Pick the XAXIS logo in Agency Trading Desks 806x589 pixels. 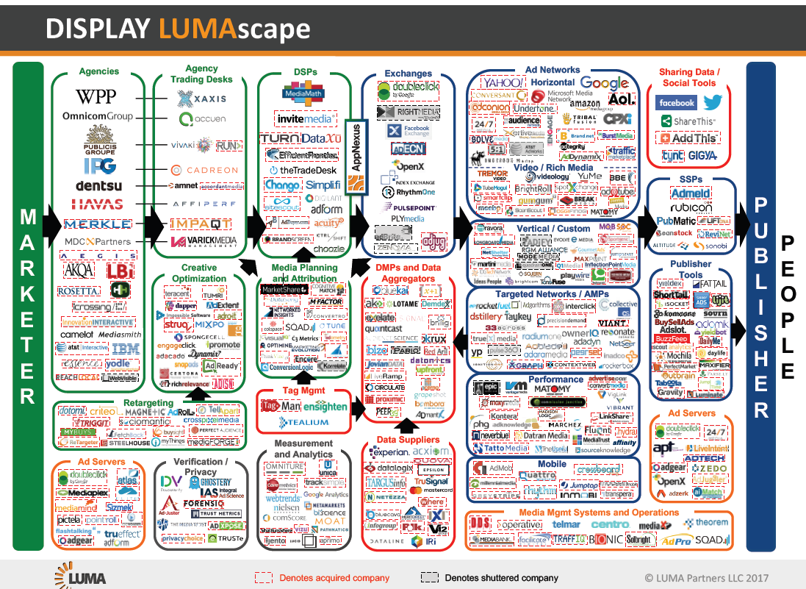click(202, 99)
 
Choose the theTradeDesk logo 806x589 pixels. click(303, 170)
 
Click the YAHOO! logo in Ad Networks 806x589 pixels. click(501, 83)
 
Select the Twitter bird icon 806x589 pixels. click(713, 103)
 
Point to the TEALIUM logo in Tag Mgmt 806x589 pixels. click(303, 423)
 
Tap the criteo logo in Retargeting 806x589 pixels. click(103, 411)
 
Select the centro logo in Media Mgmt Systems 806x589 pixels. click(610, 524)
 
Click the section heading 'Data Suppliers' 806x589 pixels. click(408, 440)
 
